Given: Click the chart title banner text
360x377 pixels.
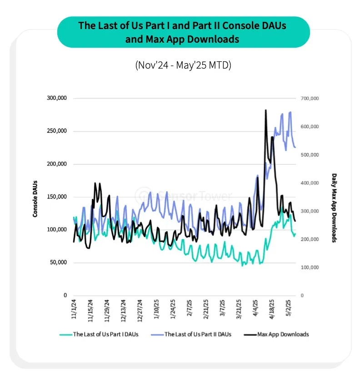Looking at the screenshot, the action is pyautogui.click(x=182, y=32).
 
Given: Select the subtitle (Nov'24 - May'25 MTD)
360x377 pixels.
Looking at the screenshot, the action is pyautogui.click(x=183, y=65).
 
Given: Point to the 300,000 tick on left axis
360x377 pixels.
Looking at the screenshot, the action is pyautogui.click(x=57, y=98).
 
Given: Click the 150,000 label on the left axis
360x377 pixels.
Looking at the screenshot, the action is pyautogui.click(x=57, y=197).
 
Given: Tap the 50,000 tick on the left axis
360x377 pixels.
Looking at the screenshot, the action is pyautogui.click(x=59, y=263).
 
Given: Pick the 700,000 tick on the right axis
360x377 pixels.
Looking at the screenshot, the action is pyautogui.click(x=310, y=98).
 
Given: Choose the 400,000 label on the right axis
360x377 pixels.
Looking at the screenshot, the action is pyautogui.click(x=310, y=183).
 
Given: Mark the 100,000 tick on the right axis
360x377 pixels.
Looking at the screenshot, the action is pyautogui.click(x=310, y=268).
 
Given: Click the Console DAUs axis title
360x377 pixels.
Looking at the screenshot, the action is pyautogui.click(x=35, y=199).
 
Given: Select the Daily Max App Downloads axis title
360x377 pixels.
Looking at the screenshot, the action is pyautogui.click(x=334, y=208).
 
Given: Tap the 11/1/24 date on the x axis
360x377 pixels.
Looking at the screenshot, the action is pyautogui.click(x=74, y=309).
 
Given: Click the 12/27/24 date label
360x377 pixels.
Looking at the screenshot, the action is pyautogui.click(x=140, y=311).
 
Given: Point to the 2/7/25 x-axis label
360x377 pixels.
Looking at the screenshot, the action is pyautogui.click(x=190, y=308).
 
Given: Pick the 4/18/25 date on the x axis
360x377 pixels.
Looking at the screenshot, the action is pyautogui.click(x=272, y=309).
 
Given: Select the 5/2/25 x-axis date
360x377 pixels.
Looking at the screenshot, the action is pyautogui.click(x=288, y=308).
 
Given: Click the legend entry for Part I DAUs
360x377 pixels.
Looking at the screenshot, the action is pyautogui.click(x=99, y=334).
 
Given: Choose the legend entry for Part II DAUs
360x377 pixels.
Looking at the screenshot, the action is pyautogui.click(x=191, y=334).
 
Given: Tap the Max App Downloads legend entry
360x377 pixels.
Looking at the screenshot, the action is pyautogui.click(x=276, y=334).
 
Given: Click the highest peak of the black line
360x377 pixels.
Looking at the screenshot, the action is pyautogui.click(x=265, y=110).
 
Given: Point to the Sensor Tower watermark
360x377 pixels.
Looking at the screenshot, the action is pyautogui.click(x=184, y=196).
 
